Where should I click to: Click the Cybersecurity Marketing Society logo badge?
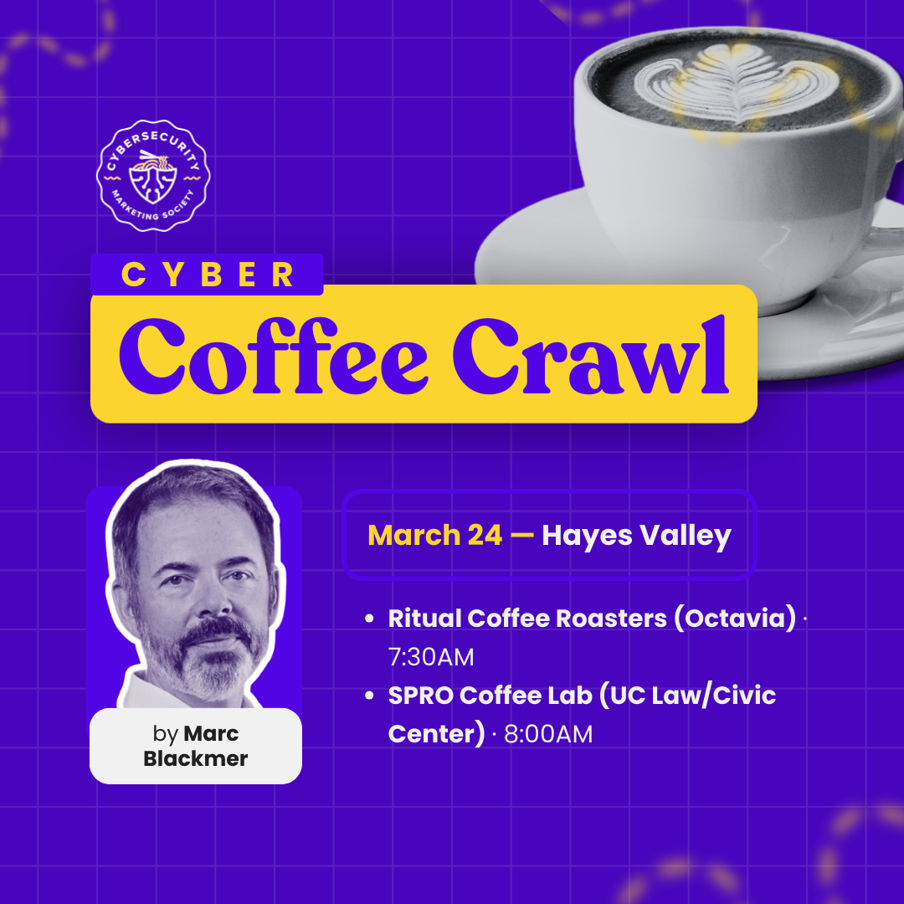pos(155,175)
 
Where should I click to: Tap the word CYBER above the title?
pos(208,275)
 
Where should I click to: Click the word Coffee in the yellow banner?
pos(274,355)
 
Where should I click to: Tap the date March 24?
pos(434,535)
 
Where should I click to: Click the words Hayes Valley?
pos(636,535)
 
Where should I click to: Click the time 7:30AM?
pos(431,657)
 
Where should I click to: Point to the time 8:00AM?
pos(548,734)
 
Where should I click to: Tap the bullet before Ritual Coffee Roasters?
pos(369,620)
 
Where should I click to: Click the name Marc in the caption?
pos(211,734)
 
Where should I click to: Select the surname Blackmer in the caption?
pos(196,759)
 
